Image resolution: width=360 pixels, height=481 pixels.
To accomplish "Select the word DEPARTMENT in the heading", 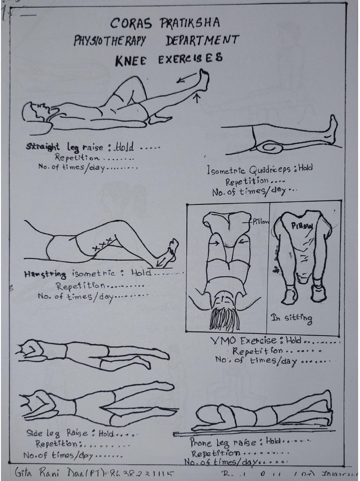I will click(x=202, y=40).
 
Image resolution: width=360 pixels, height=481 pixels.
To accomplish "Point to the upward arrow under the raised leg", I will click(x=197, y=98).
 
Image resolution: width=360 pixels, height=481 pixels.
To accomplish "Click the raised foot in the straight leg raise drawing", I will click(x=204, y=80).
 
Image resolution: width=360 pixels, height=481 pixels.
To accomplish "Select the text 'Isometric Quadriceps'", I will click(x=251, y=170).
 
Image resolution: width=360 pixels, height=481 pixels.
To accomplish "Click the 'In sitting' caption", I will click(x=291, y=318).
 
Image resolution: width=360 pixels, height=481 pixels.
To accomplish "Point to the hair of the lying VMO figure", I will click(x=224, y=318).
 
